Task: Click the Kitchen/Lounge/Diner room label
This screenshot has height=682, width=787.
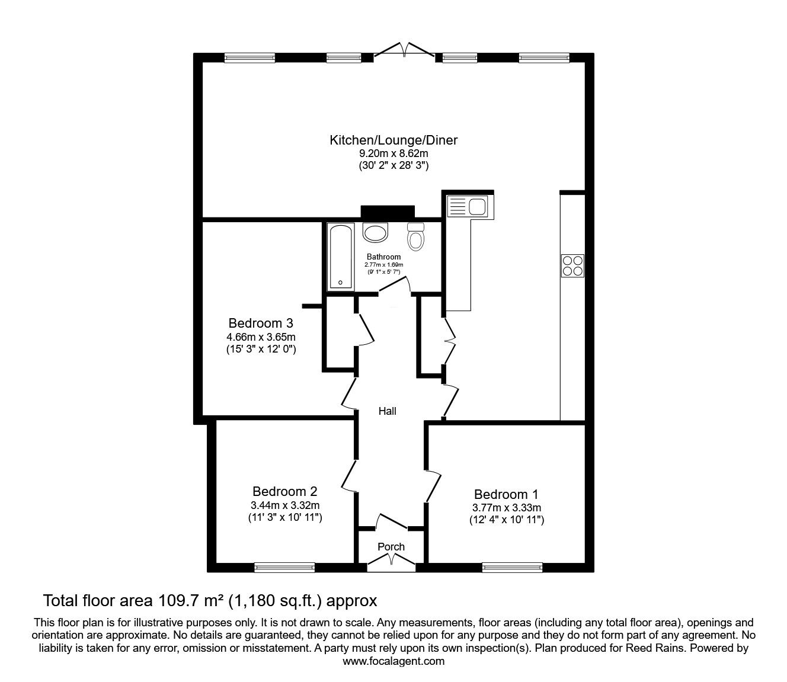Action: tap(393, 140)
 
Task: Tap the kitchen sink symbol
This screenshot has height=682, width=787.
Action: tap(468, 207)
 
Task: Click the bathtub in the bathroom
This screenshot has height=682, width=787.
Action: tap(340, 257)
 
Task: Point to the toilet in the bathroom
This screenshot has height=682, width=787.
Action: tap(416, 237)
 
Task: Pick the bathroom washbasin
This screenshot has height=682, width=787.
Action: tap(375, 232)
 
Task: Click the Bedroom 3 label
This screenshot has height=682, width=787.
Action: tap(261, 324)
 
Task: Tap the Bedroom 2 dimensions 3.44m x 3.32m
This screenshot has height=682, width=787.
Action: tap(284, 505)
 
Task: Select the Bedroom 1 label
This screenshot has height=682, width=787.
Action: tap(506, 494)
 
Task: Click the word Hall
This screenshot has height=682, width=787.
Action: tap(388, 411)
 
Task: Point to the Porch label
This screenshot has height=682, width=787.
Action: tap(391, 546)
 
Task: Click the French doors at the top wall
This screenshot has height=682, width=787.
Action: tap(404, 50)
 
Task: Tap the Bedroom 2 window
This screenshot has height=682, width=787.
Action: tap(284, 567)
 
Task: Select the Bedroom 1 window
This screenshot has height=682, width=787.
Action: tap(512, 567)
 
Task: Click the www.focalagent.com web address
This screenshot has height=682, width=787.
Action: tap(393, 661)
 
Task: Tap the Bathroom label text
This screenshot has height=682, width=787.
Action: tap(383, 257)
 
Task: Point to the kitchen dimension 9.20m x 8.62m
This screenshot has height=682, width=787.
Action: tap(393, 153)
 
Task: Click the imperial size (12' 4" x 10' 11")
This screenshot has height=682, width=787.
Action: tap(506, 520)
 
